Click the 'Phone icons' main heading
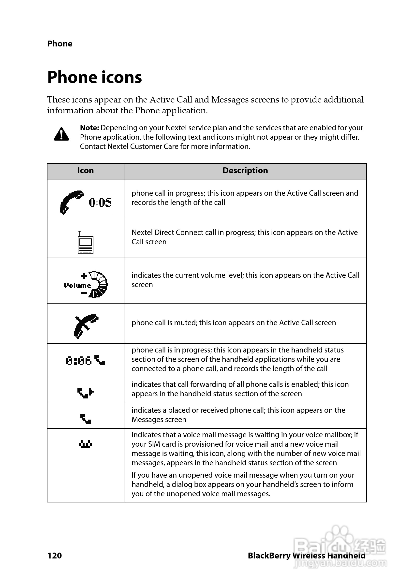click(94, 77)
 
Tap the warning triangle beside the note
click(61, 134)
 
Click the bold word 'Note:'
click(89, 128)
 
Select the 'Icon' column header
click(86, 171)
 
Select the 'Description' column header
click(245, 171)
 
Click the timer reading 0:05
click(100, 202)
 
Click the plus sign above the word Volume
click(84, 276)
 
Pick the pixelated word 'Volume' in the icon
click(77, 285)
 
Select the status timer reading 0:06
click(79, 361)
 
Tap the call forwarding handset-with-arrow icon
click(85, 393)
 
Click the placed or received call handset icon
click(86, 419)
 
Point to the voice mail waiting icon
click(85, 445)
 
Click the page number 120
click(55, 556)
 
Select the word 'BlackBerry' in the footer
click(269, 556)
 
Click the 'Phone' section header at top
click(60, 44)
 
